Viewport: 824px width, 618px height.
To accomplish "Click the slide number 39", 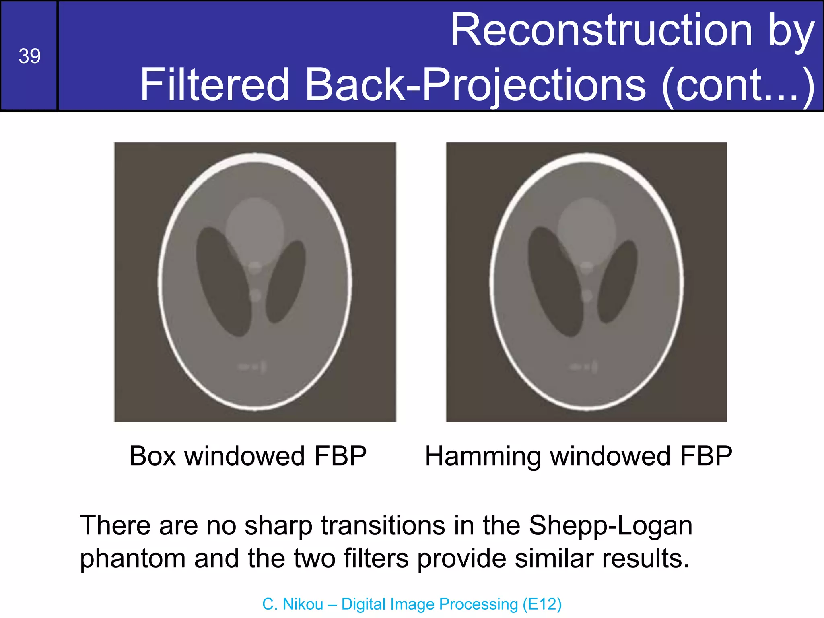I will point(29,56).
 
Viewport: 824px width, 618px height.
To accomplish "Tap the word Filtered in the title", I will point(214,84).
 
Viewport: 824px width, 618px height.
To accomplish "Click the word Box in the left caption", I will point(152,456).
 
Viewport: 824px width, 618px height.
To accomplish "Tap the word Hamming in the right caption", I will point(482,456).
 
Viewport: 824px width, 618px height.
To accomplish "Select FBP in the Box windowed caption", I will point(340,456).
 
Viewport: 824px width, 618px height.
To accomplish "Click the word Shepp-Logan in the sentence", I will point(610,525).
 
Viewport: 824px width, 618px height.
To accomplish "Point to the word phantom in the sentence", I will point(133,559).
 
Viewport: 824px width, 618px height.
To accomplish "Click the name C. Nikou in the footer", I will point(293,604).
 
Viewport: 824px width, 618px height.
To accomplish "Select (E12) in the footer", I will point(542,604).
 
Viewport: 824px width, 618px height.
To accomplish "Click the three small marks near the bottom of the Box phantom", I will point(252,367).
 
